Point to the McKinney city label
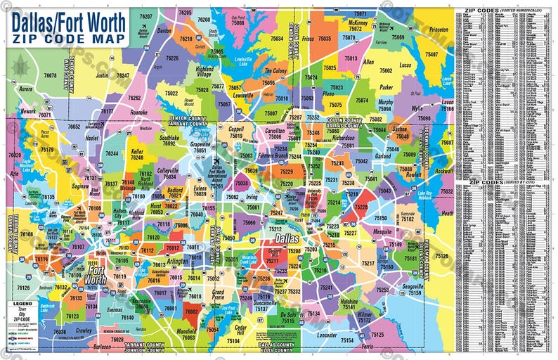[356, 22]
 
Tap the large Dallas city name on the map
[284, 239]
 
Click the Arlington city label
[177, 260]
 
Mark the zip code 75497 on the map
[431, 54]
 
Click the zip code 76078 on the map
[50, 75]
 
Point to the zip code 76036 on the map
[60, 331]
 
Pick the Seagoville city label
[414, 286]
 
